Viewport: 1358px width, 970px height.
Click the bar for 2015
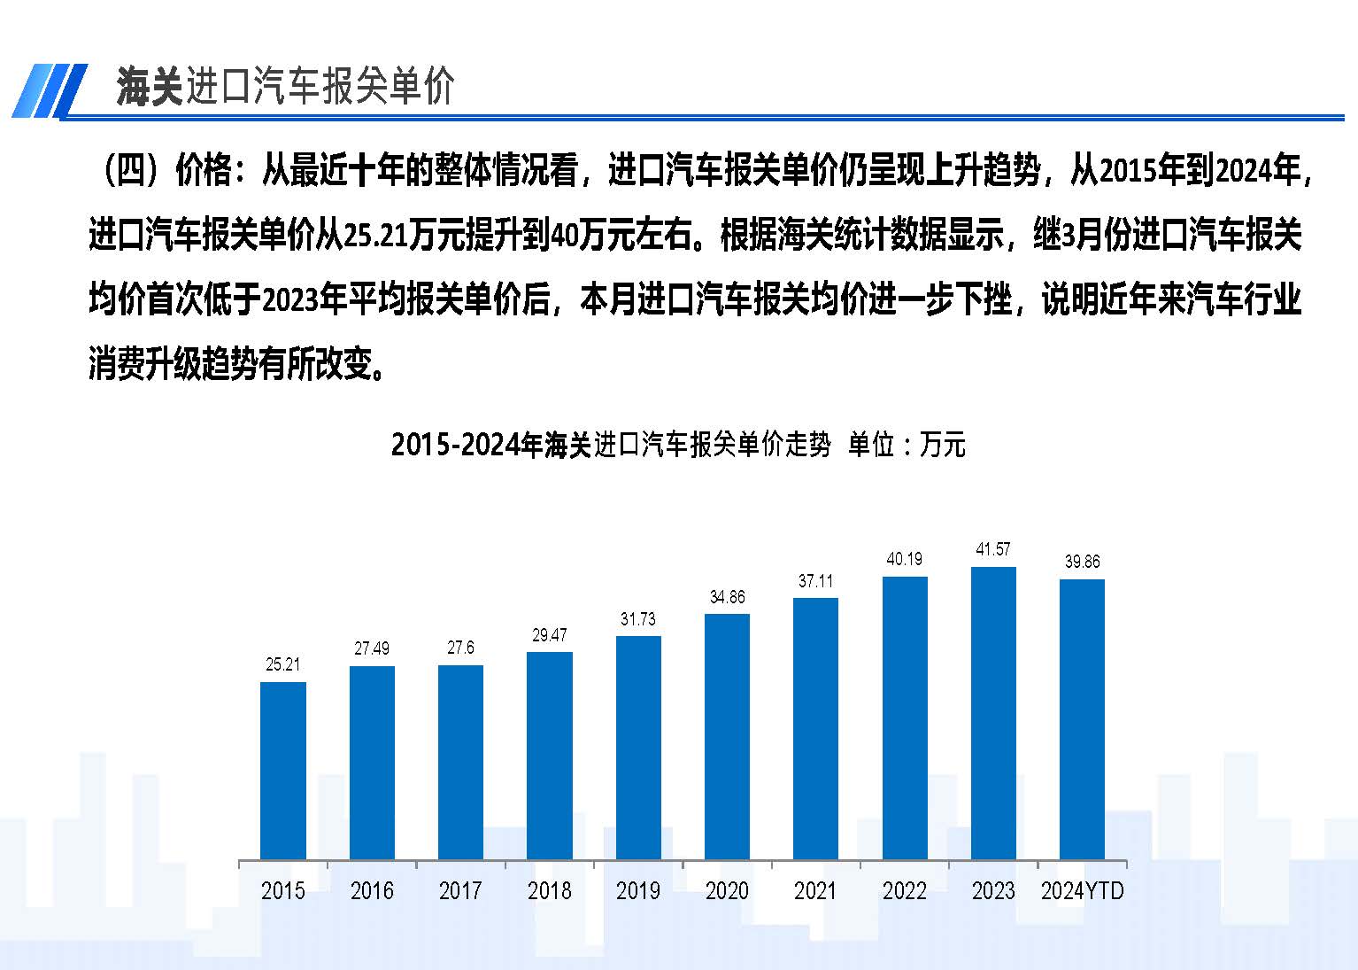(283, 771)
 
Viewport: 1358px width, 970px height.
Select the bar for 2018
(550, 756)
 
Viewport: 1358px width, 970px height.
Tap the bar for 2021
(815, 728)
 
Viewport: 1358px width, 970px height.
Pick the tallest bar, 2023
(993, 713)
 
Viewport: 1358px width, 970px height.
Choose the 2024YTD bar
(1082, 719)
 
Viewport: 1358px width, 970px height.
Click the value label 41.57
(993, 550)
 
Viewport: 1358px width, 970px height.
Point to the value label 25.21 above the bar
(283, 664)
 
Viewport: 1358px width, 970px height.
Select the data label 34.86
(727, 597)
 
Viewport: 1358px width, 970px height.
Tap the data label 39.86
(1082, 562)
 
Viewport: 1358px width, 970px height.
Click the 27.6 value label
(460, 648)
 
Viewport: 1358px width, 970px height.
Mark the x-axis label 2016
(372, 891)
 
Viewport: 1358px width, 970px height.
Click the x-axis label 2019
(638, 891)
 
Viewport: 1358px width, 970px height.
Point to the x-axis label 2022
(904, 891)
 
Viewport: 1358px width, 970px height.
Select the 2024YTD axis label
(1082, 891)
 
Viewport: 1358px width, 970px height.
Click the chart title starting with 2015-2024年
(611, 444)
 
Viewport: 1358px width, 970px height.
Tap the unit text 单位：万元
(907, 444)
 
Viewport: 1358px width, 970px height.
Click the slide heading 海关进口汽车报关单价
(285, 87)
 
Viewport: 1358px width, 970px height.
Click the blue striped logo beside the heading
(50, 90)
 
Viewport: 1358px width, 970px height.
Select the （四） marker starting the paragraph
(131, 170)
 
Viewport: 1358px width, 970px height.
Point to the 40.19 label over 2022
(904, 559)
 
